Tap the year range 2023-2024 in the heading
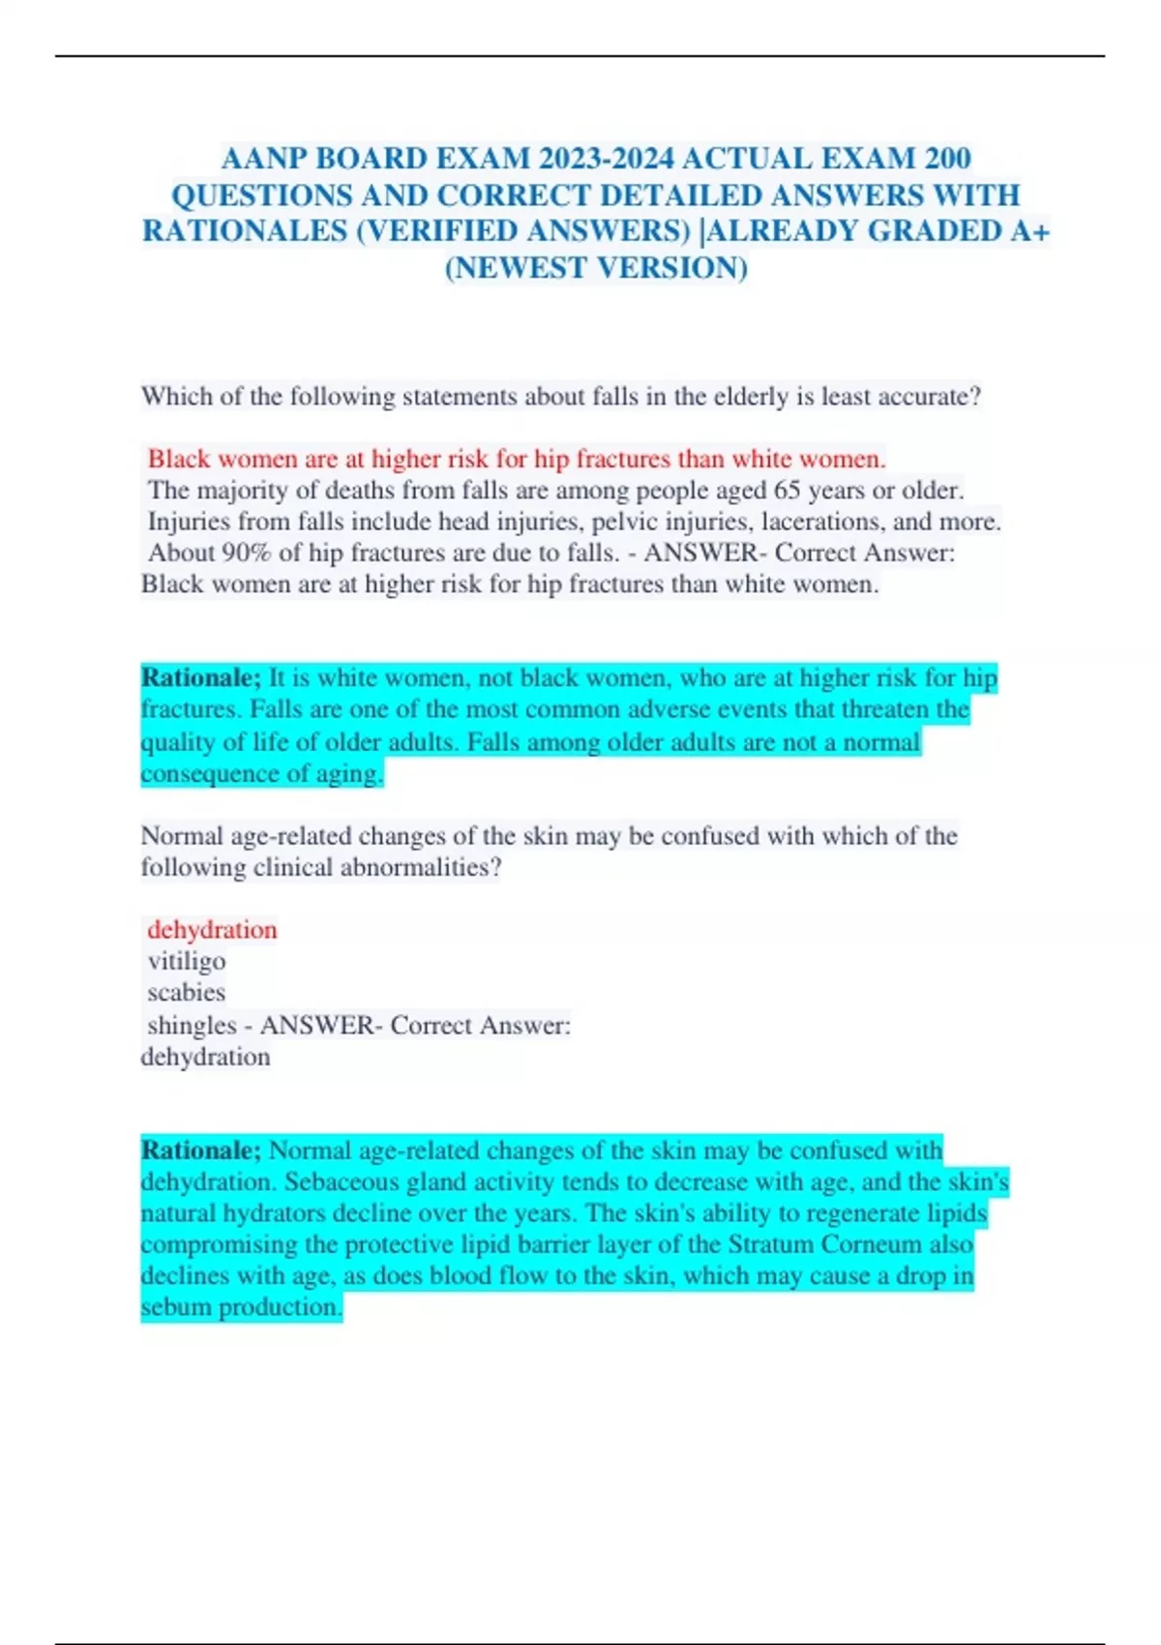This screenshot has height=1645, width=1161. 610,158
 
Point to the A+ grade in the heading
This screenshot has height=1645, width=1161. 1028,231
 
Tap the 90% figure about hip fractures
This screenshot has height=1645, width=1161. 249,553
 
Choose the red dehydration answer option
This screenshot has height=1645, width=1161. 212,930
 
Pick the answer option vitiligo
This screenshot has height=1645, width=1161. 187,961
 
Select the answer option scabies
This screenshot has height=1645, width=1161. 186,993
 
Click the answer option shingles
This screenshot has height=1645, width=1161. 192,1025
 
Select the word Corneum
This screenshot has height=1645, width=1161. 875,1244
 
